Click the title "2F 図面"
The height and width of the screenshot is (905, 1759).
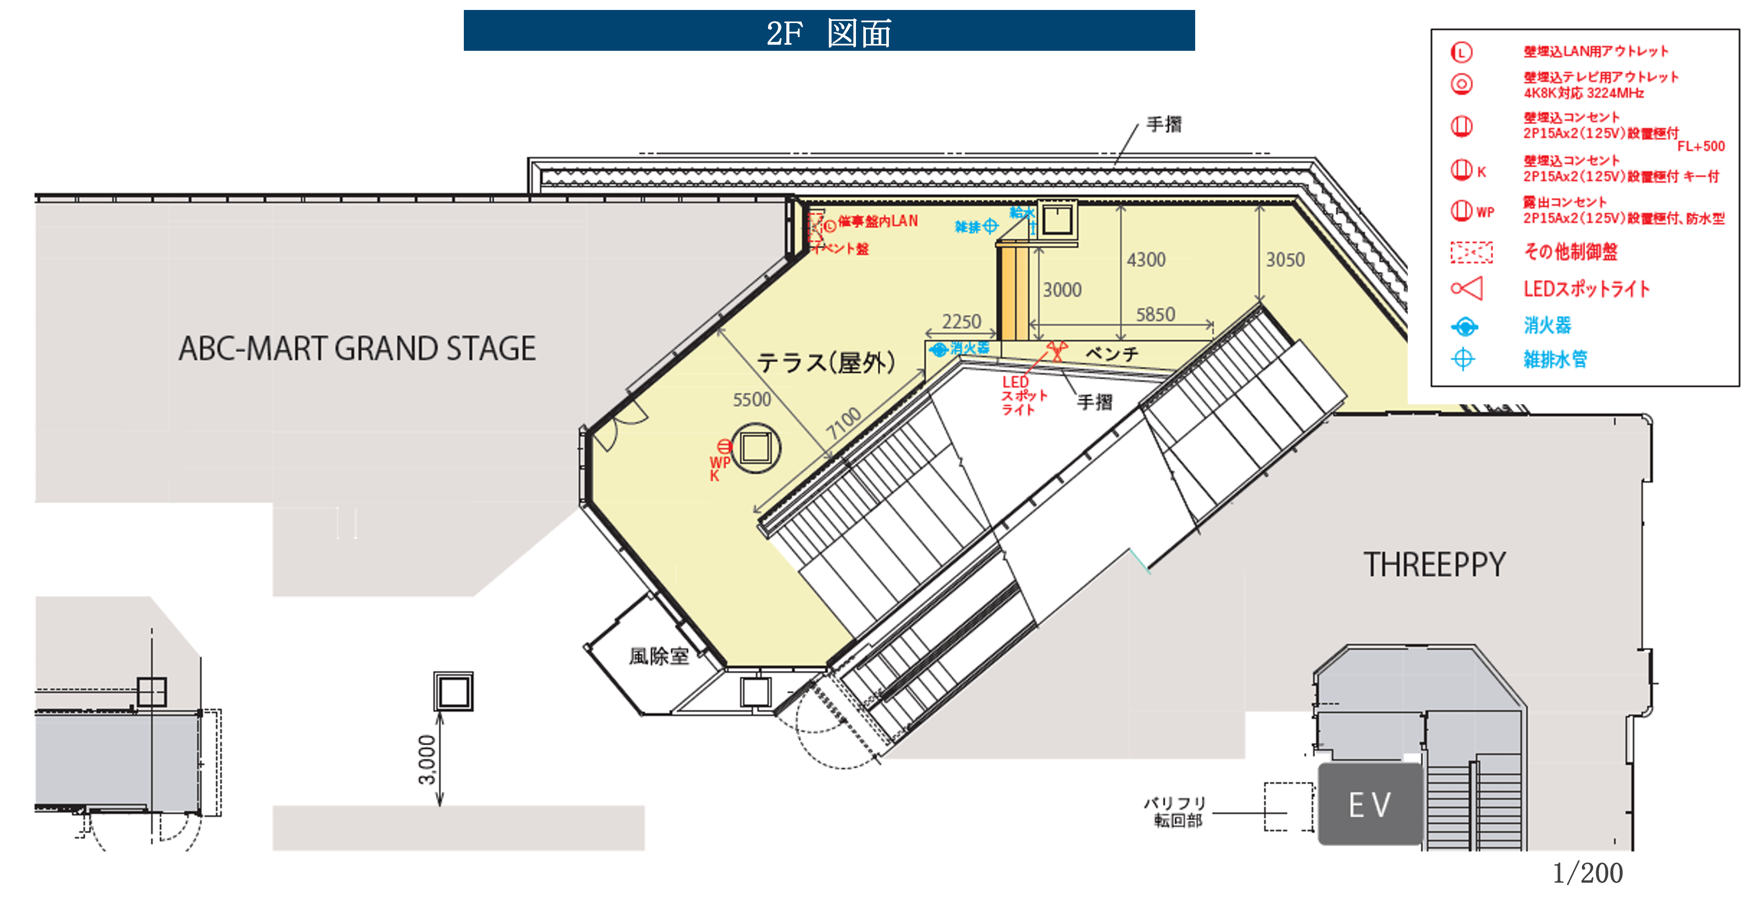[828, 32]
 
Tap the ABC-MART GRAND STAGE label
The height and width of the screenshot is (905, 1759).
[357, 348]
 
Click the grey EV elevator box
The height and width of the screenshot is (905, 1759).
[1370, 804]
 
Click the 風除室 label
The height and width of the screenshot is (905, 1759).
[659, 656]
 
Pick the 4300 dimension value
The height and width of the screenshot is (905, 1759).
[1146, 260]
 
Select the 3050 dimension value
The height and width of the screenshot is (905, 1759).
[1285, 260]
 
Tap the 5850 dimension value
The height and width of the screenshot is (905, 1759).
[1155, 314]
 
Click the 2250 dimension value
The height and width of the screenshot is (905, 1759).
[962, 321]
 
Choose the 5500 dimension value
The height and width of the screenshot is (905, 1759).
[752, 400]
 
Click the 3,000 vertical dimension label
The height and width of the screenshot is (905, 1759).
[427, 759]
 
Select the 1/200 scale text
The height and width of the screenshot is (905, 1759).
[1588, 872]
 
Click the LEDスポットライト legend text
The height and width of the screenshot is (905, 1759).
[1586, 289]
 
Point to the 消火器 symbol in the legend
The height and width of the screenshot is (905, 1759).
[1464, 326]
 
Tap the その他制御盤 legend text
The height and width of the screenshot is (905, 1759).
[1571, 251]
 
